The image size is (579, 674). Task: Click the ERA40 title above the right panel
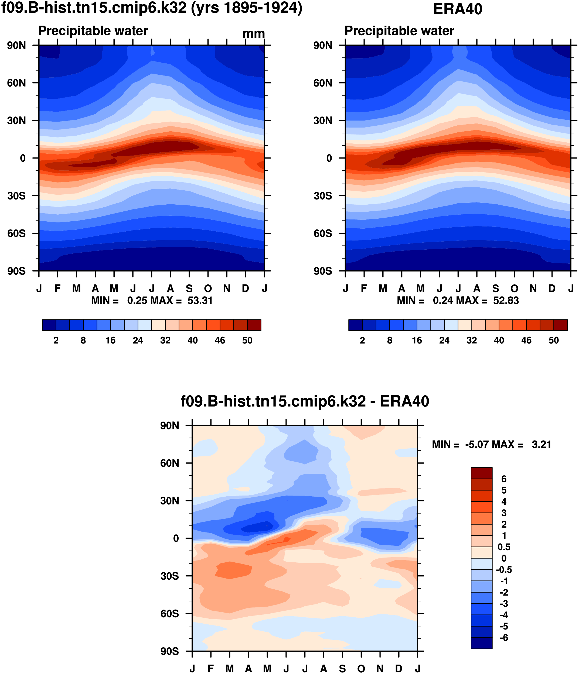click(457, 9)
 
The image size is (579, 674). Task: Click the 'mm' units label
click(254, 34)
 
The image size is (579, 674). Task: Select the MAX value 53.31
click(200, 300)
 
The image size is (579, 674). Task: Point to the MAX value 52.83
click(506, 300)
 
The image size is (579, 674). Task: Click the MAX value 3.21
click(541, 444)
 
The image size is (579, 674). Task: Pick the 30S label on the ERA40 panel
click(323, 196)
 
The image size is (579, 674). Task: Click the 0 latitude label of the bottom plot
click(176, 538)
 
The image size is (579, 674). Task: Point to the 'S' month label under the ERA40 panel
click(495, 288)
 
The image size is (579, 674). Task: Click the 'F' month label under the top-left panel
click(58, 288)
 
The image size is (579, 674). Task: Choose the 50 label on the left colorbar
click(247, 340)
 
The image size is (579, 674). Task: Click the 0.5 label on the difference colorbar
click(504, 547)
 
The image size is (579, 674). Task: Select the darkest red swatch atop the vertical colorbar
click(481, 473)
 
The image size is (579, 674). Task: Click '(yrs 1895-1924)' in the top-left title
click(247, 8)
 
